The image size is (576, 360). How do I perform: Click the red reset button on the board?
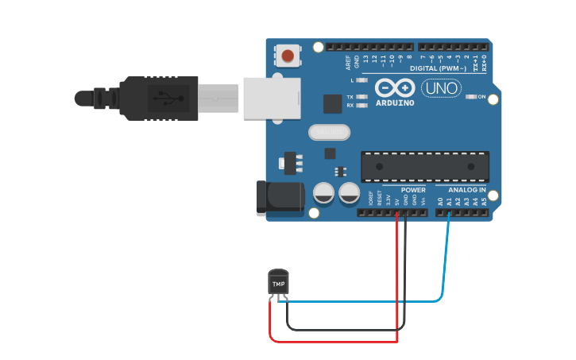click(x=288, y=56)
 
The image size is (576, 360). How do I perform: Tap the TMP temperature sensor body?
click(x=278, y=283)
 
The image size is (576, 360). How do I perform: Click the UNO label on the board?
click(x=440, y=88)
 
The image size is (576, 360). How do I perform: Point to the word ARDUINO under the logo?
click(x=394, y=103)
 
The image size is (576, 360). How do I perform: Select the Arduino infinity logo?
click(x=395, y=87)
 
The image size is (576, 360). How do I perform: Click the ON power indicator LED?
click(x=470, y=96)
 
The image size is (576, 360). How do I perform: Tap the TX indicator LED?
click(x=361, y=97)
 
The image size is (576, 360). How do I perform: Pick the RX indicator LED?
click(x=361, y=105)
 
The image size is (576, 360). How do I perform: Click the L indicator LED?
click(x=361, y=80)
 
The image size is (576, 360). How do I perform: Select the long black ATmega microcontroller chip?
click(x=424, y=165)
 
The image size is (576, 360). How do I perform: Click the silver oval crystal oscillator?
click(x=326, y=132)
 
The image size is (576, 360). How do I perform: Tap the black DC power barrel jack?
click(x=280, y=197)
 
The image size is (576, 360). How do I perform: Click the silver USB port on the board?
click(x=272, y=98)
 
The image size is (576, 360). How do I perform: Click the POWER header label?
click(x=413, y=190)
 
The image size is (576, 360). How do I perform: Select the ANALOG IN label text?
click(x=466, y=190)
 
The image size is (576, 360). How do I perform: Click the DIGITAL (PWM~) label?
click(x=438, y=68)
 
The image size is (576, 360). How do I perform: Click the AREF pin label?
click(x=347, y=61)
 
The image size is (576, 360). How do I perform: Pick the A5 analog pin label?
click(x=484, y=202)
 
